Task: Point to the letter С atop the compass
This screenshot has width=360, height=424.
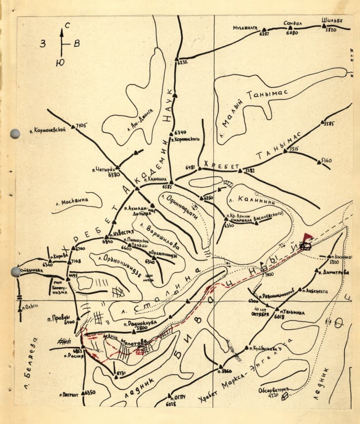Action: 67,25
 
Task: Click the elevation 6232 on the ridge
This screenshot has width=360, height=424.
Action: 182,62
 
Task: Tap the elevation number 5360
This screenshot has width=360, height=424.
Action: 326,161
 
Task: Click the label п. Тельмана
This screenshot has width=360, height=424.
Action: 292,312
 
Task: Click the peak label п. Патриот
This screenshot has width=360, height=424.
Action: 69,395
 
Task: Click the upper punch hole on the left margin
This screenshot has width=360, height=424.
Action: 15,133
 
